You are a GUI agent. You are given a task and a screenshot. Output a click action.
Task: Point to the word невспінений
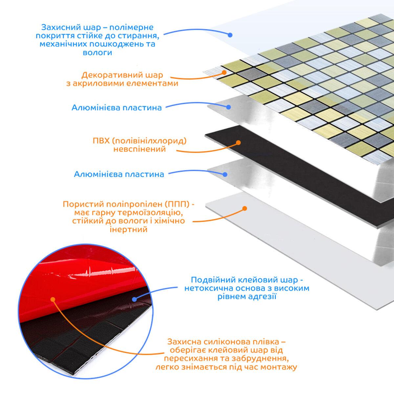point(140,149)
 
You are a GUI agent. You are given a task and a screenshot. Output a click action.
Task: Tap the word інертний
point(129,229)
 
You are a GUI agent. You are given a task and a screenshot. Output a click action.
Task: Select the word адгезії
point(262,296)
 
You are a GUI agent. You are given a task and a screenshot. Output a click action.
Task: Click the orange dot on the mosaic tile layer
point(224,72)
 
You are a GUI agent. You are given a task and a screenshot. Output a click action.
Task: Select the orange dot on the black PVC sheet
point(238,142)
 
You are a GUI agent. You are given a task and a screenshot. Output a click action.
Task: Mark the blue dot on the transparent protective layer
point(230,35)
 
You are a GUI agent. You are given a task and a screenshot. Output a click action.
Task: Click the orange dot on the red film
point(53,299)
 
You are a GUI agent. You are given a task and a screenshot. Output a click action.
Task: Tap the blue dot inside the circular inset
point(134,299)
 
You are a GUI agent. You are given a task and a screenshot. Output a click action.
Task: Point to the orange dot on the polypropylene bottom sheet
point(244,208)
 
